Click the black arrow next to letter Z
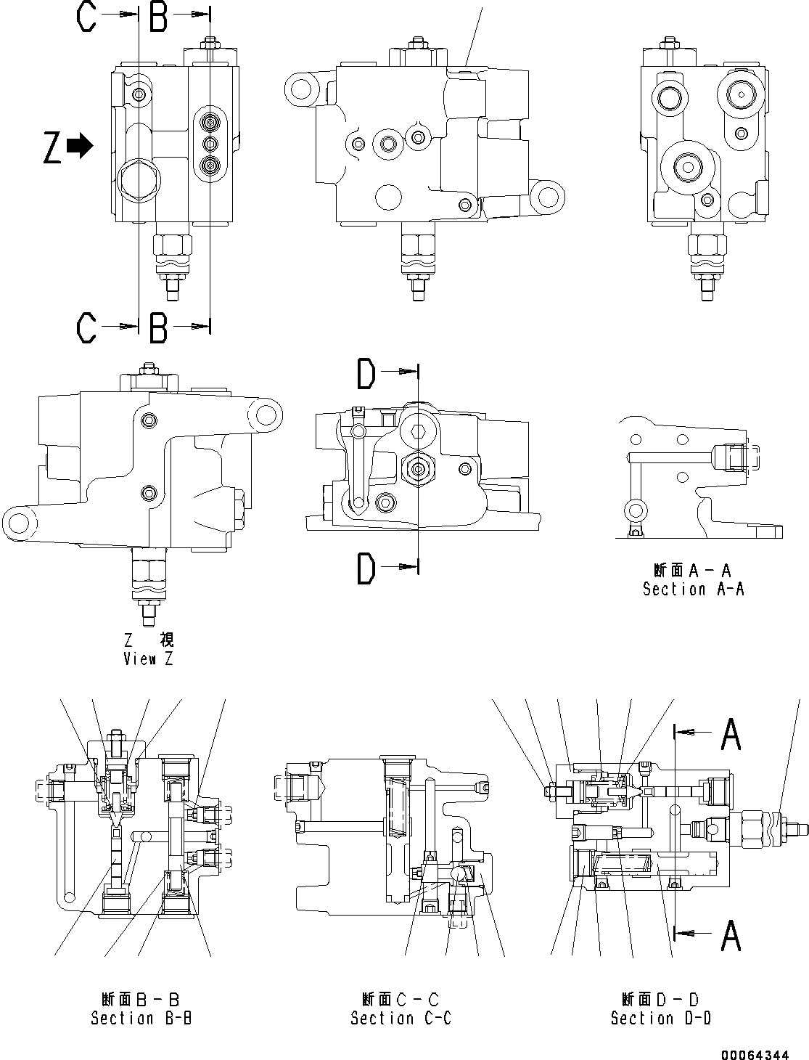(80, 146)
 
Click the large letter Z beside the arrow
(52, 147)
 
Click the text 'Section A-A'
(693, 589)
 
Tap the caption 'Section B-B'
(141, 1018)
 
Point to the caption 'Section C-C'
(401, 1018)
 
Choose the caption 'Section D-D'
(660, 1018)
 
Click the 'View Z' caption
(148, 659)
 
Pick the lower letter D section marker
(366, 568)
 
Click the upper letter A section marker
(730, 735)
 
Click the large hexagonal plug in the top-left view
(136, 181)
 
